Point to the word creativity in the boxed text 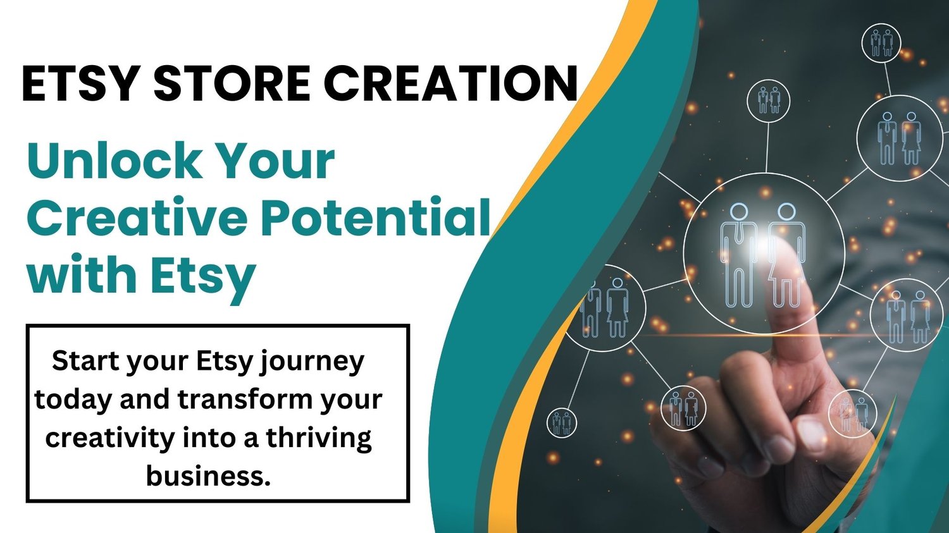[x=110, y=438]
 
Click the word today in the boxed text [x=74, y=400]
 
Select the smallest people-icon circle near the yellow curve [x=561, y=423]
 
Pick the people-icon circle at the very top [x=881, y=43]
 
